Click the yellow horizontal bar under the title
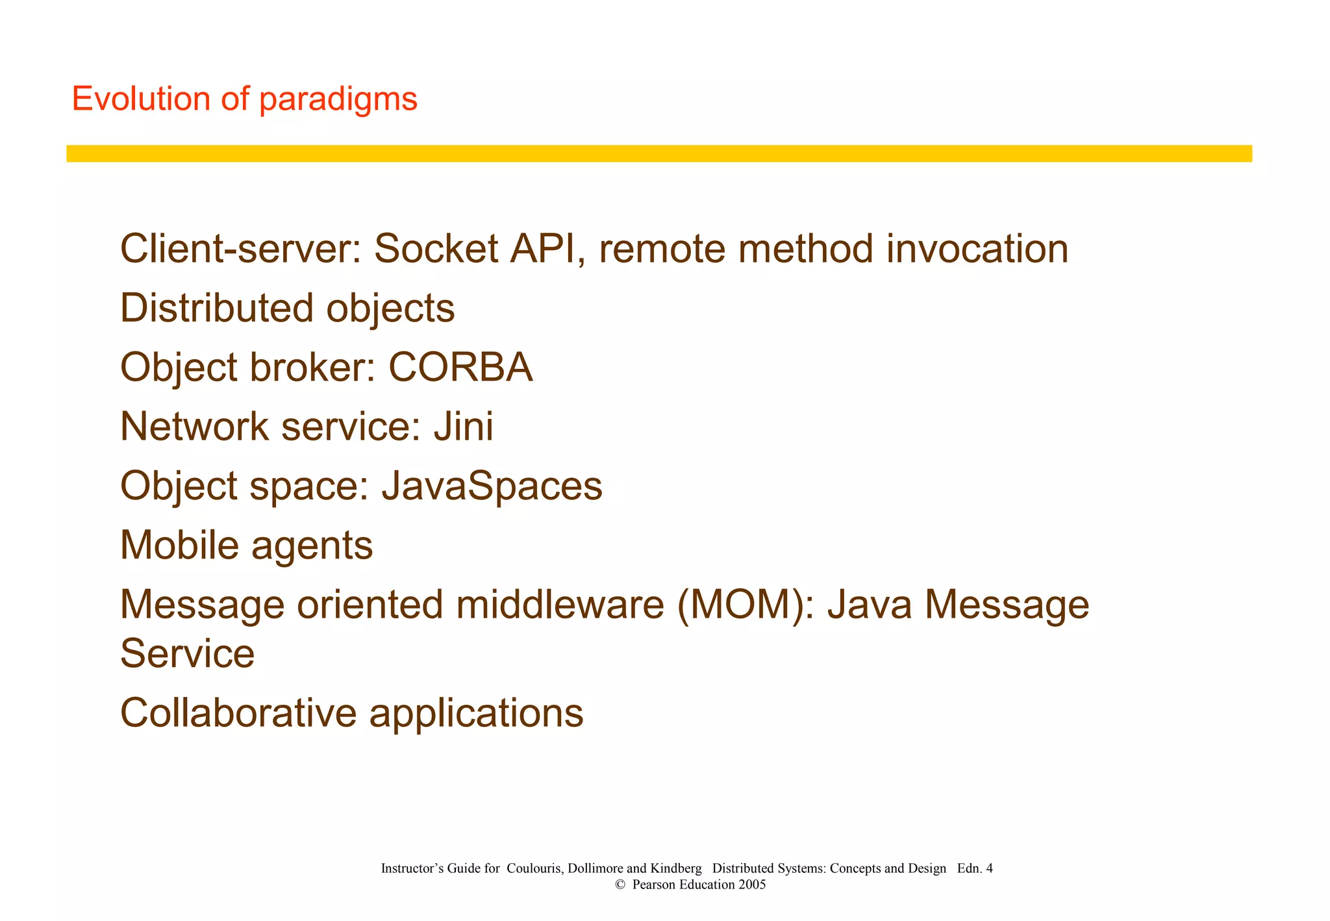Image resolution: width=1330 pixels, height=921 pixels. pos(659,154)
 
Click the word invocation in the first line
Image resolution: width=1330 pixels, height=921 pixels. pos(977,249)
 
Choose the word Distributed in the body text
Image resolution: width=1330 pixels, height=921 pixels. pos(217,308)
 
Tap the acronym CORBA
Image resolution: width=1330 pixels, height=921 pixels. pos(460,367)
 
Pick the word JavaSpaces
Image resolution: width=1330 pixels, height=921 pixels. pos(492,486)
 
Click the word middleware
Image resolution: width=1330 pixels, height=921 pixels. pos(559,605)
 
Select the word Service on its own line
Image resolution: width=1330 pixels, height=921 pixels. pos(187,653)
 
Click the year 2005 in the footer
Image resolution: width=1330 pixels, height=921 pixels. pos(752,885)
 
